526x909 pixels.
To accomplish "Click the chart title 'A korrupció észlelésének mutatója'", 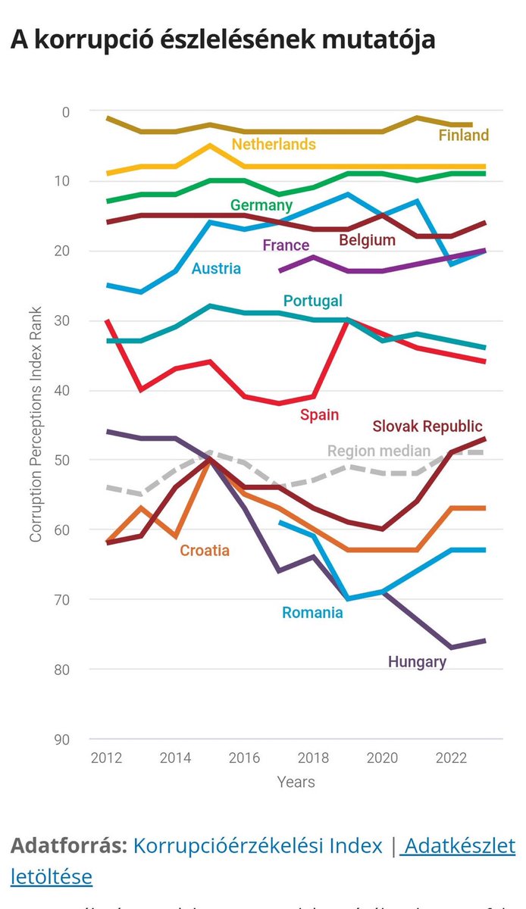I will click(x=223, y=39).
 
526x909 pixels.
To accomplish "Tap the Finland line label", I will click(x=464, y=136).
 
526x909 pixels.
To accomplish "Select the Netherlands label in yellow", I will click(x=274, y=144).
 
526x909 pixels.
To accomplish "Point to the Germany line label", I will click(x=261, y=205).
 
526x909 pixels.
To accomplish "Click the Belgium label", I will click(x=368, y=240).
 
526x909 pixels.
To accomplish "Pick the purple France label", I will click(x=286, y=245).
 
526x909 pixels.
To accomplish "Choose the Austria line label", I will click(x=216, y=268).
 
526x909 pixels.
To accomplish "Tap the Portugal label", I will click(x=312, y=301).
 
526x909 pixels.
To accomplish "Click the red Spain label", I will click(x=319, y=414).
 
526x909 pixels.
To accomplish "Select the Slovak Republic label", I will click(x=427, y=426).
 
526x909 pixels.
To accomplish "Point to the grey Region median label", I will click(x=379, y=451).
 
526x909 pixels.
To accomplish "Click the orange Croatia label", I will click(x=205, y=550).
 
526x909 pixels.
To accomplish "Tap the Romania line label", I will click(x=312, y=612).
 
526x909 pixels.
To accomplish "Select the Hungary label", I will click(x=417, y=661).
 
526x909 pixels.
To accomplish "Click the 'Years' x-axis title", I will click(x=296, y=781).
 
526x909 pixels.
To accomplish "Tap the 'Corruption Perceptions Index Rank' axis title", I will click(x=36, y=424).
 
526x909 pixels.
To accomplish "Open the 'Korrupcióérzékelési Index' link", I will click(x=258, y=845).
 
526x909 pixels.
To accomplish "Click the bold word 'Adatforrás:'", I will click(x=68, y=845).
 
